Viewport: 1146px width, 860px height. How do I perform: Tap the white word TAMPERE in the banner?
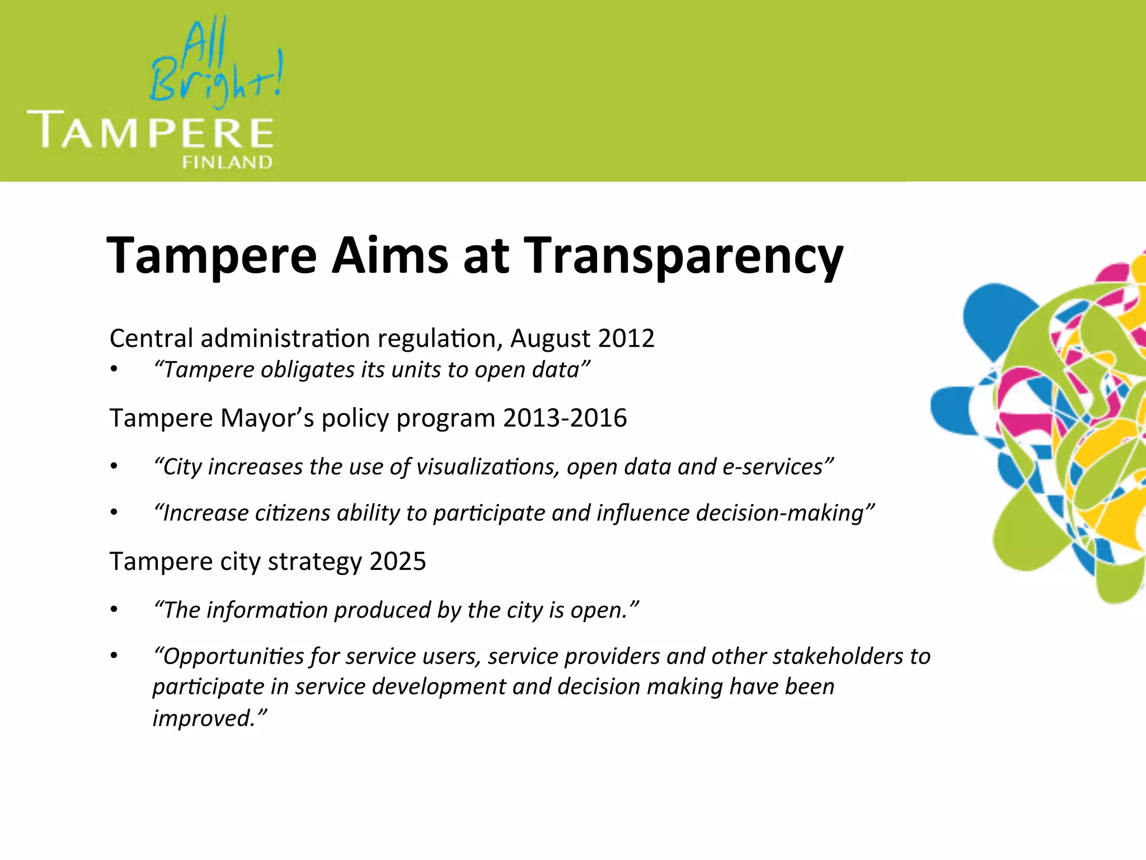point(150,130)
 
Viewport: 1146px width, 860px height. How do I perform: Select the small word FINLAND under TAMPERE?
point(227,162)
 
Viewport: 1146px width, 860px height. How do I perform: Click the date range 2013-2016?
point(565,418)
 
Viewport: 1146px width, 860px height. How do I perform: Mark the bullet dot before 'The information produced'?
point(114,610)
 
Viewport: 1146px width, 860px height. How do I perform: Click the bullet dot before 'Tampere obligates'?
point(114,370)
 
